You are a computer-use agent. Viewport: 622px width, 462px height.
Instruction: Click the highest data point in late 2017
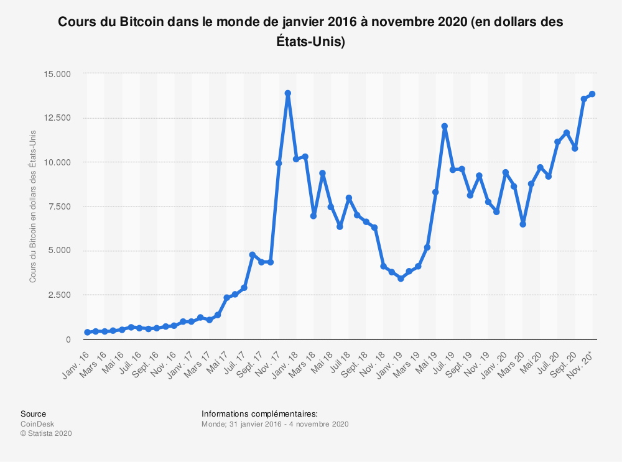click(x=288, y=93)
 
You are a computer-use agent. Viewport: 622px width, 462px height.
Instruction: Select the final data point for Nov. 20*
click(x=592, y=94)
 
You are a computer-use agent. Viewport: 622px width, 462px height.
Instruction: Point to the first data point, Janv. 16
click(x=87, y=332)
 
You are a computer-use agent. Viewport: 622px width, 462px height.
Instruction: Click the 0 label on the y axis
click(x=68, y=340)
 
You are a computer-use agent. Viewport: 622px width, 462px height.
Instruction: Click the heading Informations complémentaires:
click(x=259, y=414)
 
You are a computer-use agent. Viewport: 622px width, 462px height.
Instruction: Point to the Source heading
click(x=33, y=414)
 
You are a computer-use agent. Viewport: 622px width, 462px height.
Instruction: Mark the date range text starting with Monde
click(x=274, y=424)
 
